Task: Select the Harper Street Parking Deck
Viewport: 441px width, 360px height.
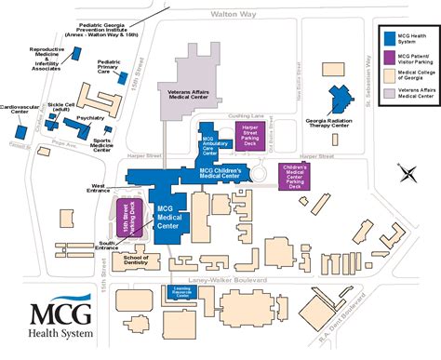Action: (x=249, y=134)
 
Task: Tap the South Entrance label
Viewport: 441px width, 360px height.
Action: (x=107, y=246)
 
